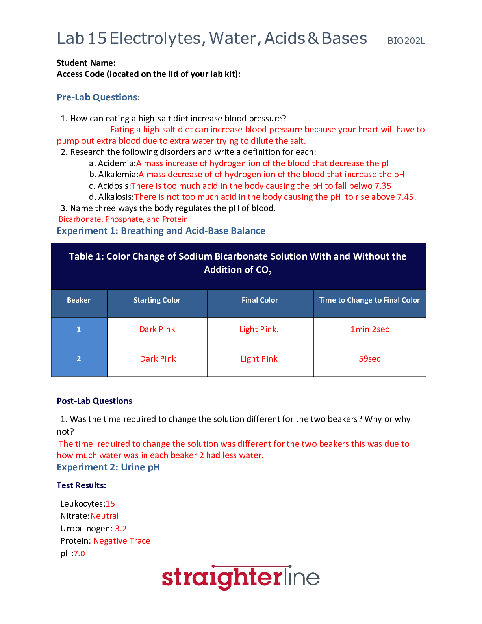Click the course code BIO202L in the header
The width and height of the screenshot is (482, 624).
[406, 41]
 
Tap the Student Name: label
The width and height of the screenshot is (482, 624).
[86, 63]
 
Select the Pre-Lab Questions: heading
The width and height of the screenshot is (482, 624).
[98, 97]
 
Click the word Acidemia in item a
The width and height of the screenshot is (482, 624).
[116, 163]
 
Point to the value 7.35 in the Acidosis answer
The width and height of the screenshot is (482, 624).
[383, 186]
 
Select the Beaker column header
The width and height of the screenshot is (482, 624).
[79, 300]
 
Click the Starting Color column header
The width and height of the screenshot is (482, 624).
[157, 300]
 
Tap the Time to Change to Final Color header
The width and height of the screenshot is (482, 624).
[369, 300]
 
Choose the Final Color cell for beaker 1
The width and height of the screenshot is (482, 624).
[259, 329]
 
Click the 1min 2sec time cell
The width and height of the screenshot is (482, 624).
[369, 329]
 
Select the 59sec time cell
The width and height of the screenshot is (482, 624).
[369, 359]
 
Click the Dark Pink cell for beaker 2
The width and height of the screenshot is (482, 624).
[158, 359]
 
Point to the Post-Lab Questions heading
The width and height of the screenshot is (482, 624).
[95, 401]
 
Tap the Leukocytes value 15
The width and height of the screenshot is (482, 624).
[110, 504]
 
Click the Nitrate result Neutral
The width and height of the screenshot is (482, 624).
[104, 516]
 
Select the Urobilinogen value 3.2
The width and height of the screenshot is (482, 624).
[121, 529]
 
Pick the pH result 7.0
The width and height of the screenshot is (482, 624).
[79, 553]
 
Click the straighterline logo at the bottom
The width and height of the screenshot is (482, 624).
[241, 578]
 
